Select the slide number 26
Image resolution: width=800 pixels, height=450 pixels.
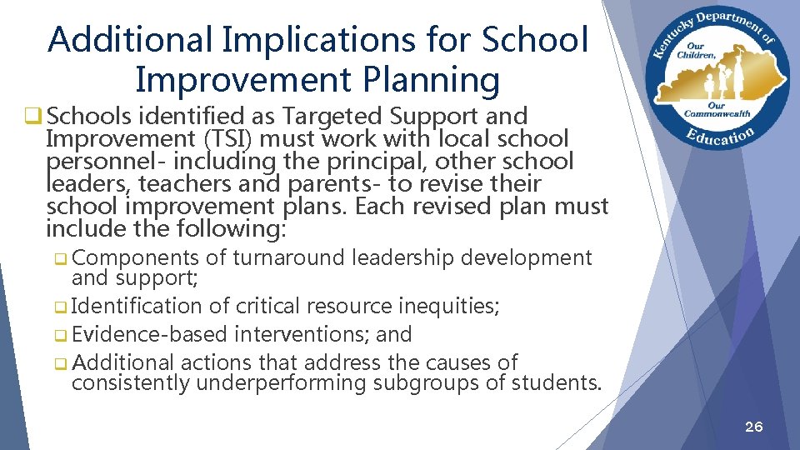pyautogui.click(x=753, y=427)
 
